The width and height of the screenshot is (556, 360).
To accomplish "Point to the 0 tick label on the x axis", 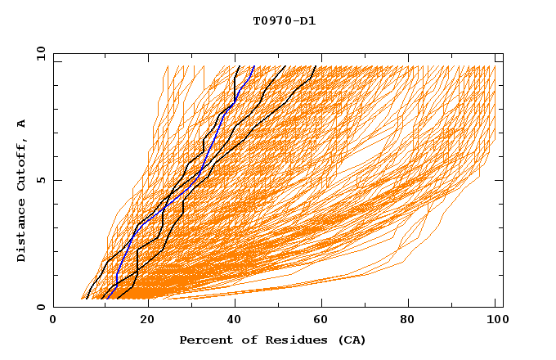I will click(x=53, y=320).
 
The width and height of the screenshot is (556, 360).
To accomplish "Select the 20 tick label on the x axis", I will click(x=146, y=320).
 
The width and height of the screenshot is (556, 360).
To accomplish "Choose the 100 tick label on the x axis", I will click(x=495, y=320).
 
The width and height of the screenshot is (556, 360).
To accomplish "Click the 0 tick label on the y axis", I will click(x=40, y=307).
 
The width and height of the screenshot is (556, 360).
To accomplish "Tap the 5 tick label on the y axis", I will click(x=40, y=180).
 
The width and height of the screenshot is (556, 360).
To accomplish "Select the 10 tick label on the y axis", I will click(x=38, y=53).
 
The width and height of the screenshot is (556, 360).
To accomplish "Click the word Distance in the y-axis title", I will click(x=22, y=233).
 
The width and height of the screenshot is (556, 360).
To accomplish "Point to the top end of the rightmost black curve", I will click(x=315, y=67).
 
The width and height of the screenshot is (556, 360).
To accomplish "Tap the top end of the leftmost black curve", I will click(x=238, y=67).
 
